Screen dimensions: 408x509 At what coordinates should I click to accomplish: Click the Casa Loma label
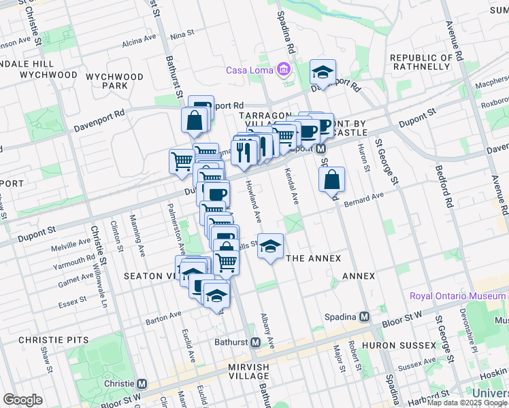coord(250,70)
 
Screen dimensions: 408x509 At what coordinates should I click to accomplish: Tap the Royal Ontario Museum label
coord(457,296)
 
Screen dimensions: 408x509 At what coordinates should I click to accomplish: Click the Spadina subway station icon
coord(365,317)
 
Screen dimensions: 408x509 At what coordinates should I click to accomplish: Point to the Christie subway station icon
coord(142,384)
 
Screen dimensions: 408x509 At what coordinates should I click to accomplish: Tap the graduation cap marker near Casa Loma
coord(323,71)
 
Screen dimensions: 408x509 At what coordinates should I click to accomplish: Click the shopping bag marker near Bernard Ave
coord(331,180)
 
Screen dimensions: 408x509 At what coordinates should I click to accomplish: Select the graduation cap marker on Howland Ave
coord(270,246)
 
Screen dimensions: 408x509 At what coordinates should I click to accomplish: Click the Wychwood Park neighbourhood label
coord(115,82)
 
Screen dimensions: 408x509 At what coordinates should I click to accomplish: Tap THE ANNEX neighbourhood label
coord(314,258)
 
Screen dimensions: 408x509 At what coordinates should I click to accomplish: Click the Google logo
coord(22,400)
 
